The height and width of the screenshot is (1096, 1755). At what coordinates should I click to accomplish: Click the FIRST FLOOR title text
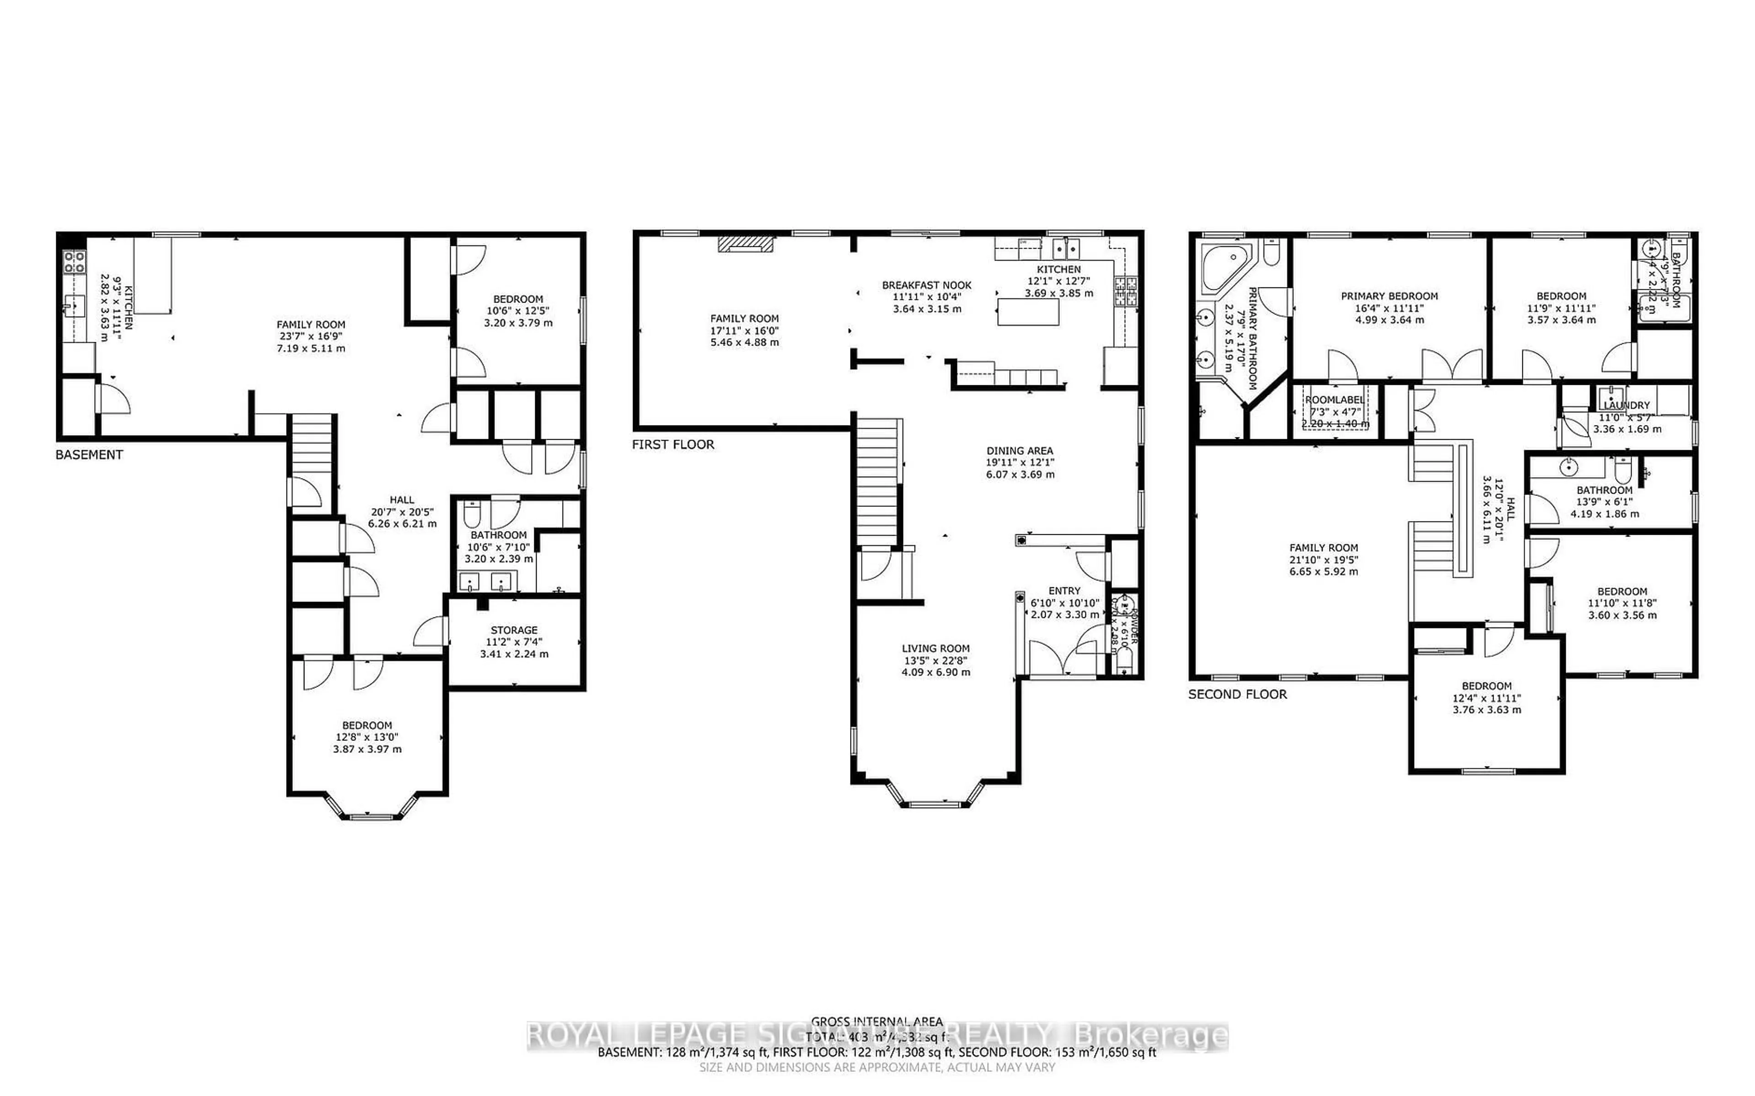pyautogui.click(x=672, y=444)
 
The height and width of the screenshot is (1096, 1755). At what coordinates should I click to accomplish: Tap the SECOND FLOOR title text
pyautogui.click(x=1237, y=694)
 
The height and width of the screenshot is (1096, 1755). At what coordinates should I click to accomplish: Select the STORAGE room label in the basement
pyautogui.click(x=514, y=630)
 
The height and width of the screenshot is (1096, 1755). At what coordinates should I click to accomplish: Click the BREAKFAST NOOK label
pyautogui.click(x=926, y=286)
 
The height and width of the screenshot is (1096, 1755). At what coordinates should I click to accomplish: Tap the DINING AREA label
pyautogui.click(x=1019, y=451)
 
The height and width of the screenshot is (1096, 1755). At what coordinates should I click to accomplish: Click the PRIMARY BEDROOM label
pyautogui.click(x=1388, y=296)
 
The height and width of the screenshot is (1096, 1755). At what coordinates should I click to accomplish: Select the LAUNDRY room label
pyautogui.click(x=1626, y=406)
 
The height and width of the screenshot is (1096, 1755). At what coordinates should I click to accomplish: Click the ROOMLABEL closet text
pyautogui.click(x=1334, y=400)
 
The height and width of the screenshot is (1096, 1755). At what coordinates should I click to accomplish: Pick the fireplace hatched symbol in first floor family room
pyautogui.click(x=745, y=244)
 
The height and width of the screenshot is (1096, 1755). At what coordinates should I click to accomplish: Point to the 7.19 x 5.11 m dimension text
pyautogui.click(x=310, y=349)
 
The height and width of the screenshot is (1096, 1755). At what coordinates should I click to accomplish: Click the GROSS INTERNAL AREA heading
pyautogui.click(x=876, y=1022)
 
